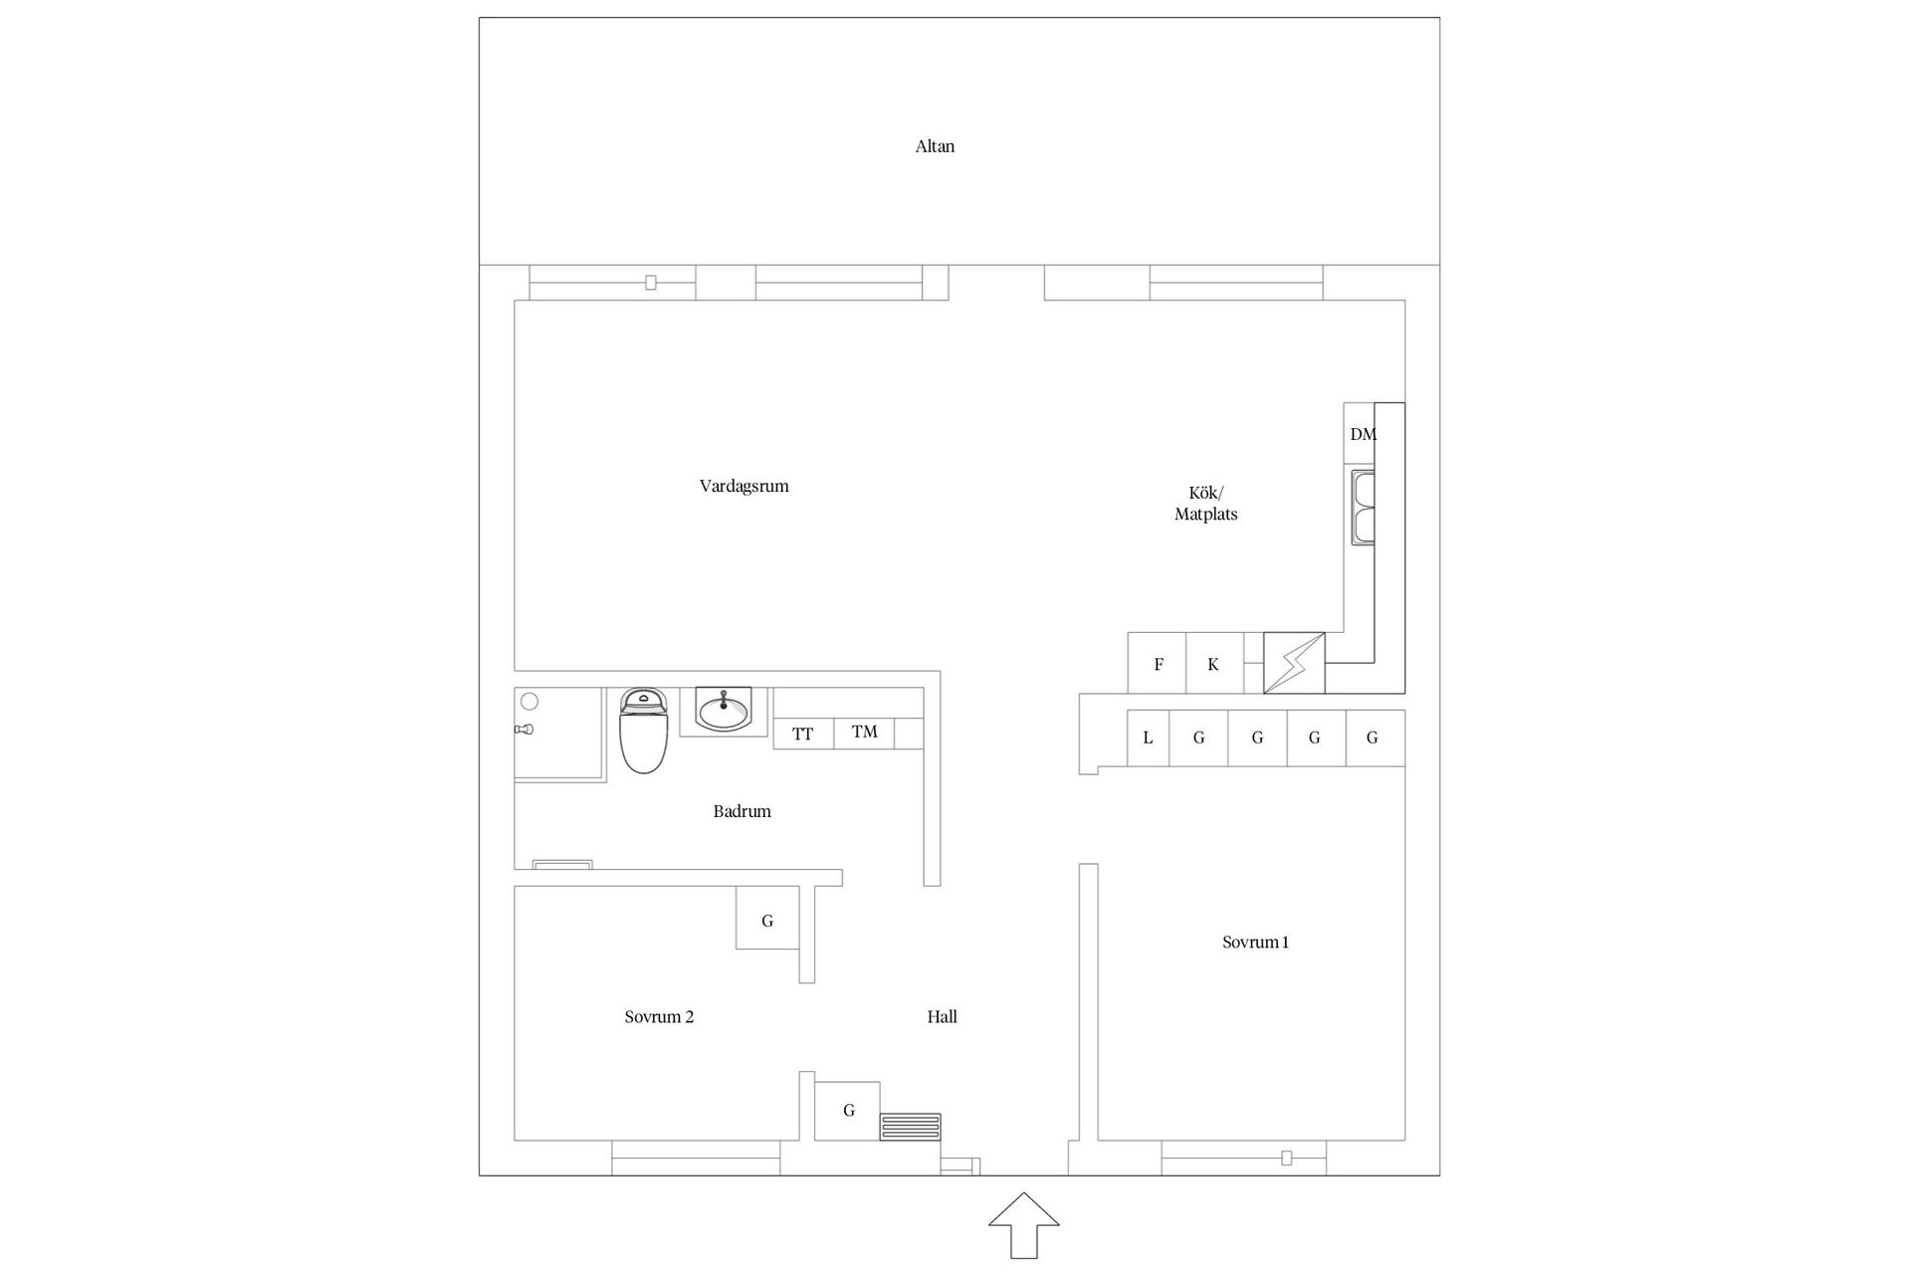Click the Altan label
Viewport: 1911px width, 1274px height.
click(x=935, y=146)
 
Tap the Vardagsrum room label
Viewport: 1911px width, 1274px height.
click(x=743, y=487)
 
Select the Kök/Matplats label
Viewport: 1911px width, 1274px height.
click(x=1205, y=504)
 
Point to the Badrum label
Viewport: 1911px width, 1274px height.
click(x=742, y=811)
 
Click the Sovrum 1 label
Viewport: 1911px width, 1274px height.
click(x=1255, y=943)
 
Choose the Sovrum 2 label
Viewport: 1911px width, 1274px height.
click(x=659, y=1017)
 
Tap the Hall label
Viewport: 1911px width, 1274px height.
click(x=942, y=1017)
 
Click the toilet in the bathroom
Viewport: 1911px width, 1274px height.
click(x=643, y=730)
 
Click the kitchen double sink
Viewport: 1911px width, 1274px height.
click(x=1363, y=508)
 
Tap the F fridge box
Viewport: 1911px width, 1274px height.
click(x=1158, y=663)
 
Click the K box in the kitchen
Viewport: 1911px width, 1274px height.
click(x=1214, y=663)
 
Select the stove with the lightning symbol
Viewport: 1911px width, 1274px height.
click(x=1294, y=663)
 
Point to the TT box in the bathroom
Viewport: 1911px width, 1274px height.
click(x=803, y=734)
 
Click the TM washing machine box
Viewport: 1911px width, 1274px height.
click(x=864, y=734)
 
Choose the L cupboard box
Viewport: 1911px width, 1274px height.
click(x=1148, y=738)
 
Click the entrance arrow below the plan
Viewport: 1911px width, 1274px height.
click(x=1023, y=1226)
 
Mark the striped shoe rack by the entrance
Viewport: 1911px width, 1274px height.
click(x=910, y=1127)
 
